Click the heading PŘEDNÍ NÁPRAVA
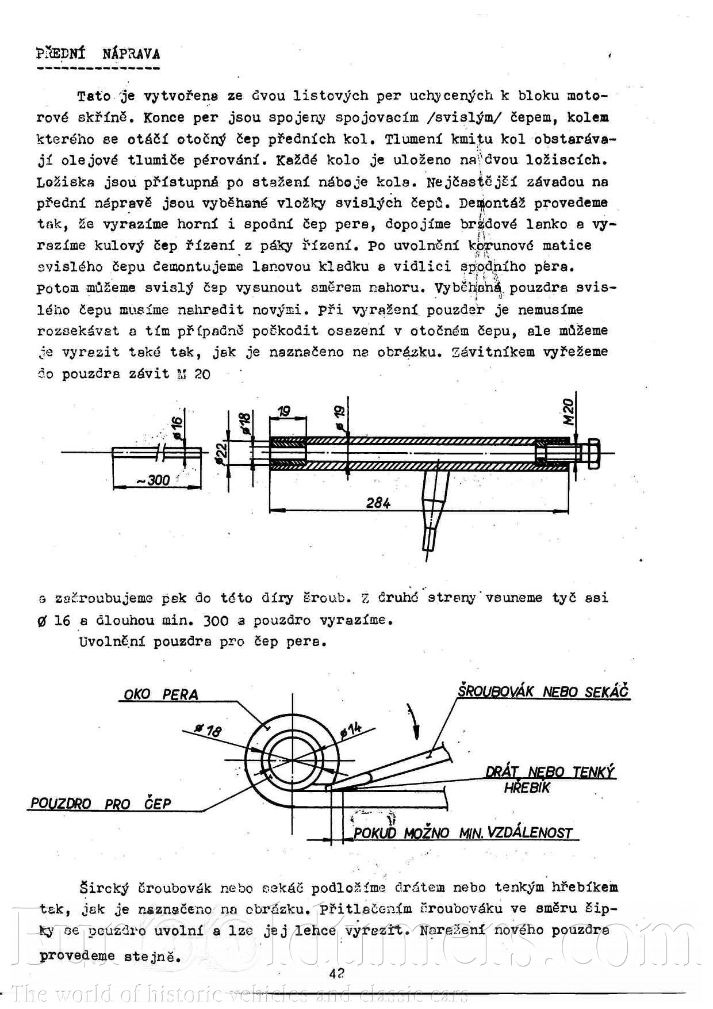tap(98, 54)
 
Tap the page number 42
tap(336, 973)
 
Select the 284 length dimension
tap(378, 503)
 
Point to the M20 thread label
tap(568, 411)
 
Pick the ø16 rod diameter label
tap(177, 427)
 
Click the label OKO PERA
tap(161, 694)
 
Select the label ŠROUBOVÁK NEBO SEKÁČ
tap(543, 691)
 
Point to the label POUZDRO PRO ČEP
tap(101, 804)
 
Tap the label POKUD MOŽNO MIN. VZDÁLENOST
tap(463, 832)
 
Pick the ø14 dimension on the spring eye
tap(351, 730)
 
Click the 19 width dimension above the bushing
tap(284, 412)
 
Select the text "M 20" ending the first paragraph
tap(194, 374)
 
